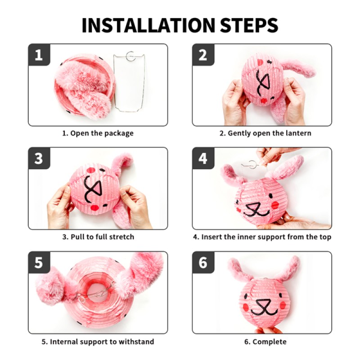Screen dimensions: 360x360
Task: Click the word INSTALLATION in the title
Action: tap(148, 25)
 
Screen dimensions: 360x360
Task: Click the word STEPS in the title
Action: tap(249, 25)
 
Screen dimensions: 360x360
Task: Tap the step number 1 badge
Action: tap(39, 54)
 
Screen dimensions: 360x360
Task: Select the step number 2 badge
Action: tap(203, 54)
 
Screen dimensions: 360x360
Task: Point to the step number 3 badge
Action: tap(39, 158)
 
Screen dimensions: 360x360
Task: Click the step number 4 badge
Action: tap(203, 158)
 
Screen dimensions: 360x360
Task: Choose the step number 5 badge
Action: tap(39, 262)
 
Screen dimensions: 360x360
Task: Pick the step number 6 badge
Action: tap(203, 262)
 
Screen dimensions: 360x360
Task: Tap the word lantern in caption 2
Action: tap(298, 133)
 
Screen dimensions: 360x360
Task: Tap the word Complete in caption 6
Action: tap(270, 342)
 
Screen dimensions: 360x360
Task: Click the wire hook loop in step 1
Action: tap(130, 56)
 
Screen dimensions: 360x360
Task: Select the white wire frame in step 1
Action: tap(129, 82)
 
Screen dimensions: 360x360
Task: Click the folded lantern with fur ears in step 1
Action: tap(85, 87)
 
